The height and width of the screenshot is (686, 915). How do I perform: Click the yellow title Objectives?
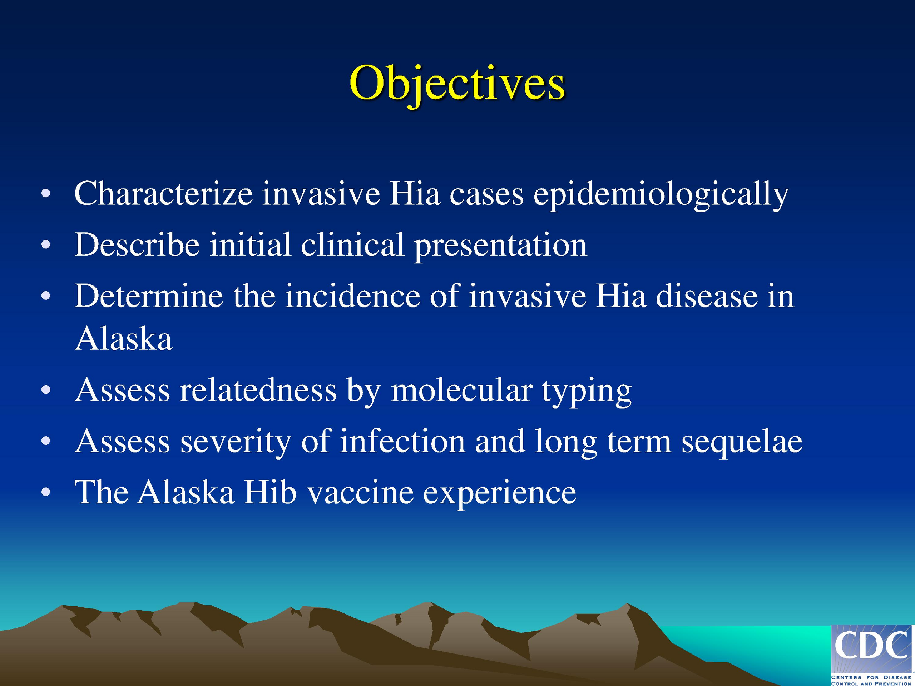(457, 84)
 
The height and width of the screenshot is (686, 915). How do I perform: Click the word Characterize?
(163, 193)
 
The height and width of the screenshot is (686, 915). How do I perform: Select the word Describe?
(137, 244)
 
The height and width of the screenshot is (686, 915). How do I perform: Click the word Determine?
(148, 296)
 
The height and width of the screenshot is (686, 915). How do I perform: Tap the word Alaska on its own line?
(123, 339)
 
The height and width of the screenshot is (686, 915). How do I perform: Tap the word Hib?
(270, 492)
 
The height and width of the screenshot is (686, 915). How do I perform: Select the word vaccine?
(360, 492)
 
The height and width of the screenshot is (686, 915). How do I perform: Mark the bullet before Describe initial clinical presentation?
(46, 245)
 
